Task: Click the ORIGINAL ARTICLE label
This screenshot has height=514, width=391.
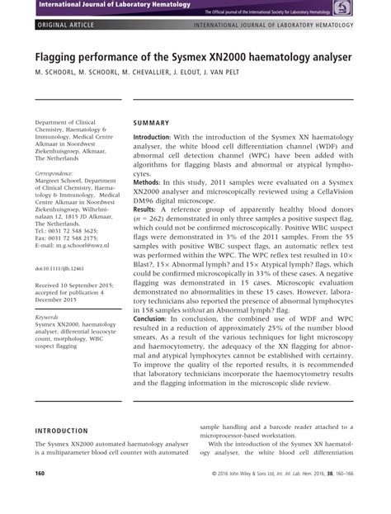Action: tap(64, 26)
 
